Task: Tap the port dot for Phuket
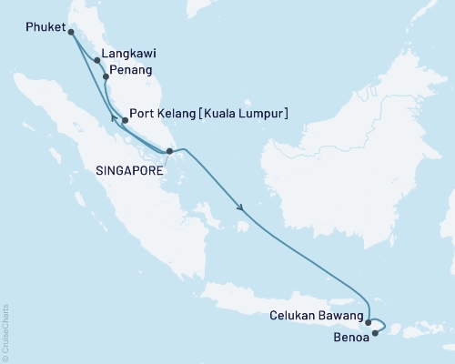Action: (x=72, y=32)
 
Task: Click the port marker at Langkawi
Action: (x=97, y=62)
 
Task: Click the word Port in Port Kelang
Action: (x=147, y=114)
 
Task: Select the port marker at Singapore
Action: (x=169, y=152)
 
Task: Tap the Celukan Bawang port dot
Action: (x=368, y=321)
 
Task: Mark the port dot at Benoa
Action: (x=375, y=332)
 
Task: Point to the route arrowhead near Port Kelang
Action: (x=113, y=116)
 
